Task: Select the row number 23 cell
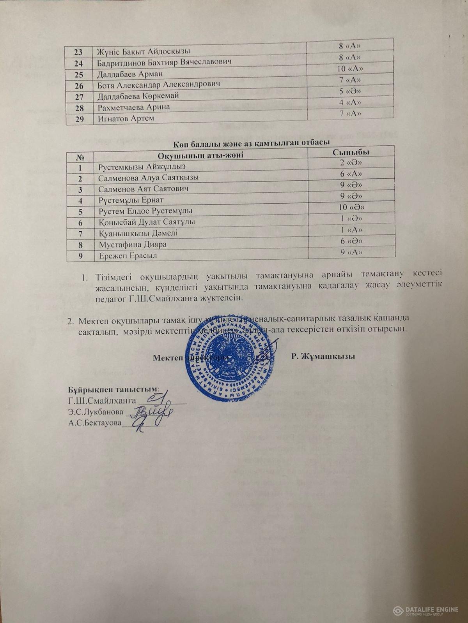[x=79, y=51]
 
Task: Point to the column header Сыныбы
[x=351, y=152]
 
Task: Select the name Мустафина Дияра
[x=133, y=245]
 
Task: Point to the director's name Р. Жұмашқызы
[x=323, y=356]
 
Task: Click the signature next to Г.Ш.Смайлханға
[x=156, y=398]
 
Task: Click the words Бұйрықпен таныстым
[x=113, y=389]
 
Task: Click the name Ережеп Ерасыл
[x=124, y=256]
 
